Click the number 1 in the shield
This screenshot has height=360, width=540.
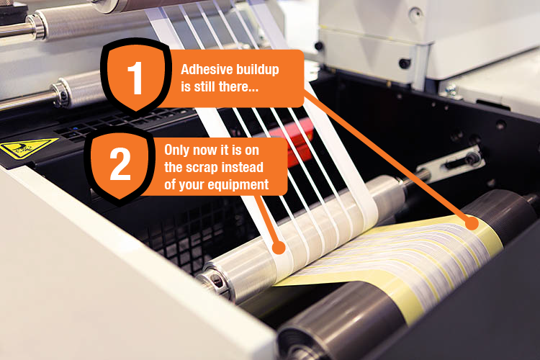coord(135,78)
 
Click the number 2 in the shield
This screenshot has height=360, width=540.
coord(120,163)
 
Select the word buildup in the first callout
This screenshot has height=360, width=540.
coord(257,70)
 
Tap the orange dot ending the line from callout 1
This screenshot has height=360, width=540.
coord(472,223)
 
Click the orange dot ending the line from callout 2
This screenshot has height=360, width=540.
coord(279,248)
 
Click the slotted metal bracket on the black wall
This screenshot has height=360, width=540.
coord(449,163)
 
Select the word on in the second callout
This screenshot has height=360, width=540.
coord(252,151)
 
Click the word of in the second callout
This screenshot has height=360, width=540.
coord(170,184)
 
